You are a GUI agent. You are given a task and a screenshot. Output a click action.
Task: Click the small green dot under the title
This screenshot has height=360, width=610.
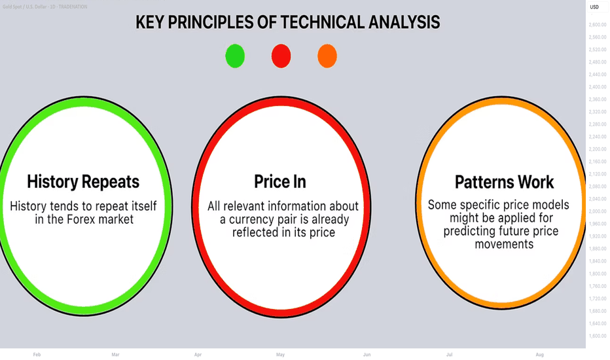tap(235, 56)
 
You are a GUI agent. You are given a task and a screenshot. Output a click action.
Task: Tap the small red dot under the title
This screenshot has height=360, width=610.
tap(281, 56)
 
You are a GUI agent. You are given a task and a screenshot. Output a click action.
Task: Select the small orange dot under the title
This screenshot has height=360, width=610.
tap(327, 56)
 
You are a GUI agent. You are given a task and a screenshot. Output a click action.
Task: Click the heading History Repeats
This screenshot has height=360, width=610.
tap(83, 182)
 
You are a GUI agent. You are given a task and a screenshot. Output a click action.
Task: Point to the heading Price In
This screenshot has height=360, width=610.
tap(280, 182)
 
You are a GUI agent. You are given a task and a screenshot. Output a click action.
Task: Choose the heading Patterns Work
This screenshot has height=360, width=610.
tap(504, 182)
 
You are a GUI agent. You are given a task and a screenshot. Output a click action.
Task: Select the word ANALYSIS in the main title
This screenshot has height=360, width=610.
tap(404, 22)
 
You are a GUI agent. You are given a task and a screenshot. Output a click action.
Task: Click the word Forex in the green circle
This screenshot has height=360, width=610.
tap(81, 219)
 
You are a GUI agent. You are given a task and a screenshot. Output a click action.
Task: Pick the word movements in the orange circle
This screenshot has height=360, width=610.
tap(504, 244)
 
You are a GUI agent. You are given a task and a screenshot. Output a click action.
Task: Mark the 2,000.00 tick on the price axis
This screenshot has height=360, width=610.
tap(598, 211)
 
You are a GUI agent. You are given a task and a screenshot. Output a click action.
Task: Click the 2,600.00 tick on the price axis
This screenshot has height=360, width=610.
tap(598, 24)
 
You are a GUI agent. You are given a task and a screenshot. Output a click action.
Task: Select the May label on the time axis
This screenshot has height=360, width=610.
tap(281, 355)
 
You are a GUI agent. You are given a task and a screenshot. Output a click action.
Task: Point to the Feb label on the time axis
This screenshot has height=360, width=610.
tap(37, 355)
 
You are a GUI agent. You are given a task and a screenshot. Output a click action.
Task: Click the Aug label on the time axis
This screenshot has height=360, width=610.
tap(539, 355)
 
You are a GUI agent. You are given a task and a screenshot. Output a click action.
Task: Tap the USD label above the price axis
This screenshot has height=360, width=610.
tap(594, 7)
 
